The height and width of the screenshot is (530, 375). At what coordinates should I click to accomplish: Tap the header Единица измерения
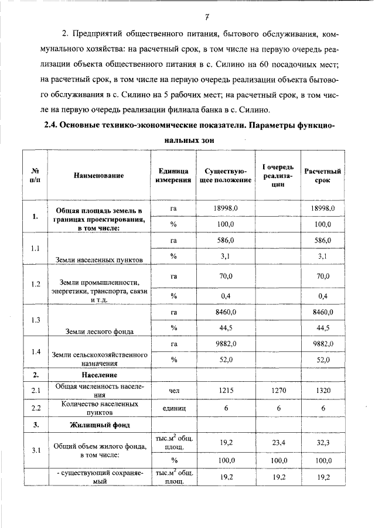pyautogui.click(x=173, y=175)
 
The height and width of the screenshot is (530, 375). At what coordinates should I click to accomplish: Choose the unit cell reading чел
pyautogui.click(x=173, y=389)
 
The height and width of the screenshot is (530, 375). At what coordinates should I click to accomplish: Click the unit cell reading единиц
pyautogui.click(x=173, y=408)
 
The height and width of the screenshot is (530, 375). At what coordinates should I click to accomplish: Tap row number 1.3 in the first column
pyautogui.click(x=35, y=320)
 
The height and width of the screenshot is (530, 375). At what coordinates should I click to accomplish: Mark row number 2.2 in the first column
pyautogui.click(x=35, y=408)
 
